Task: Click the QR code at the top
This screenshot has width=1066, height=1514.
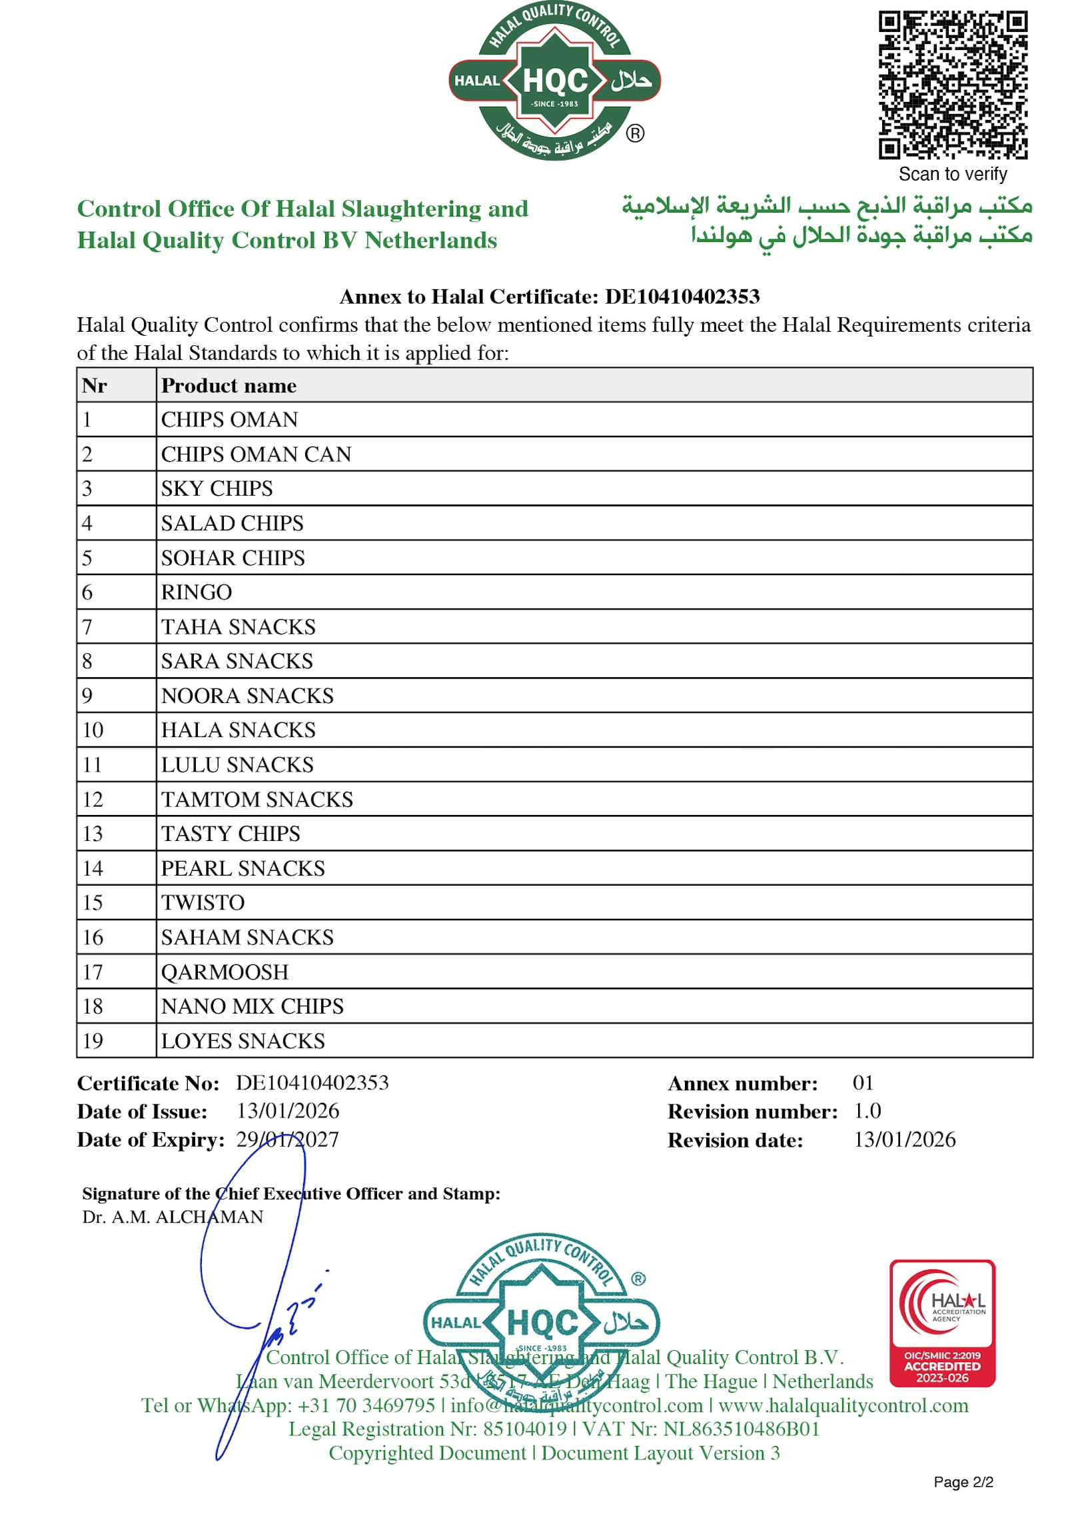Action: (x=952, y=85)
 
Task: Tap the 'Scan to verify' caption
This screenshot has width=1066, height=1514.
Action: (x=952, y=174)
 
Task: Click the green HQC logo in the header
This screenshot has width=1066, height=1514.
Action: (x=554, y=81)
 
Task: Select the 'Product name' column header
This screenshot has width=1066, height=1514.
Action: (x=229, y=385)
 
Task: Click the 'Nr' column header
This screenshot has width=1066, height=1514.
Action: (x=95, y=385)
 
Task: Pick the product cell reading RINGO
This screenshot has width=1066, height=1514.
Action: (x=197, y=592)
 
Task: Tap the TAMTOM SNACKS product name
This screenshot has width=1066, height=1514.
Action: (x=257, y=799)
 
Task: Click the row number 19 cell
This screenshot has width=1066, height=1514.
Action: (x=93, y=1041)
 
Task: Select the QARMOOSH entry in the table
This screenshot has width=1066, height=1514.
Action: (x=225, y=972)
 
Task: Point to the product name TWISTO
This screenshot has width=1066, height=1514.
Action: (x=203, y=902)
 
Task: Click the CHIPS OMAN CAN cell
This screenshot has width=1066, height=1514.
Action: (x=256, y=454)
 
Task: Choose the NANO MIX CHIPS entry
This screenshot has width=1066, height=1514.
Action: (x=253, y=1006)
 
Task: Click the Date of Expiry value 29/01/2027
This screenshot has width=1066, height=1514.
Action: (x=288, y=1139)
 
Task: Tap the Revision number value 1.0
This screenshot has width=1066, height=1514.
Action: (x=867, y=1111)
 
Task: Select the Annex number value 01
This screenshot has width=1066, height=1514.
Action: (x=863, y=1083)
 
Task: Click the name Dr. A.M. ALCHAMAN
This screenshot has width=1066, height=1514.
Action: (x=173, y=1217)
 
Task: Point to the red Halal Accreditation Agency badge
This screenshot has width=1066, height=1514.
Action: (x=942, y=1323)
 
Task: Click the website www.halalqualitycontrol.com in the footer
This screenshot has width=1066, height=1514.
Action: (x=843, y=1405)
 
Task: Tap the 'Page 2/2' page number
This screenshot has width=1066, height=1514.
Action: (x=963, y=1481)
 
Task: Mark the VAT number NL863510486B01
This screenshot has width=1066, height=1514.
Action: (x=742, y=1429)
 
